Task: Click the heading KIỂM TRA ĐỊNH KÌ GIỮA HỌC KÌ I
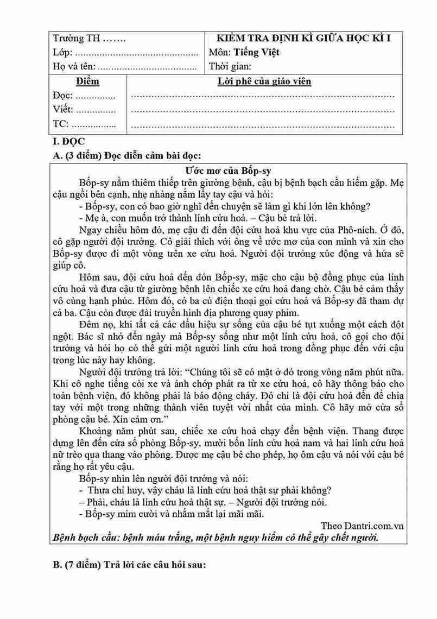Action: (x=303, y=38)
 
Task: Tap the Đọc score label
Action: (x=63, y=96)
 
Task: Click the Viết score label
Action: (x=63, y=110)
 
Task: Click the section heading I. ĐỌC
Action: (x=66, y=141)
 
